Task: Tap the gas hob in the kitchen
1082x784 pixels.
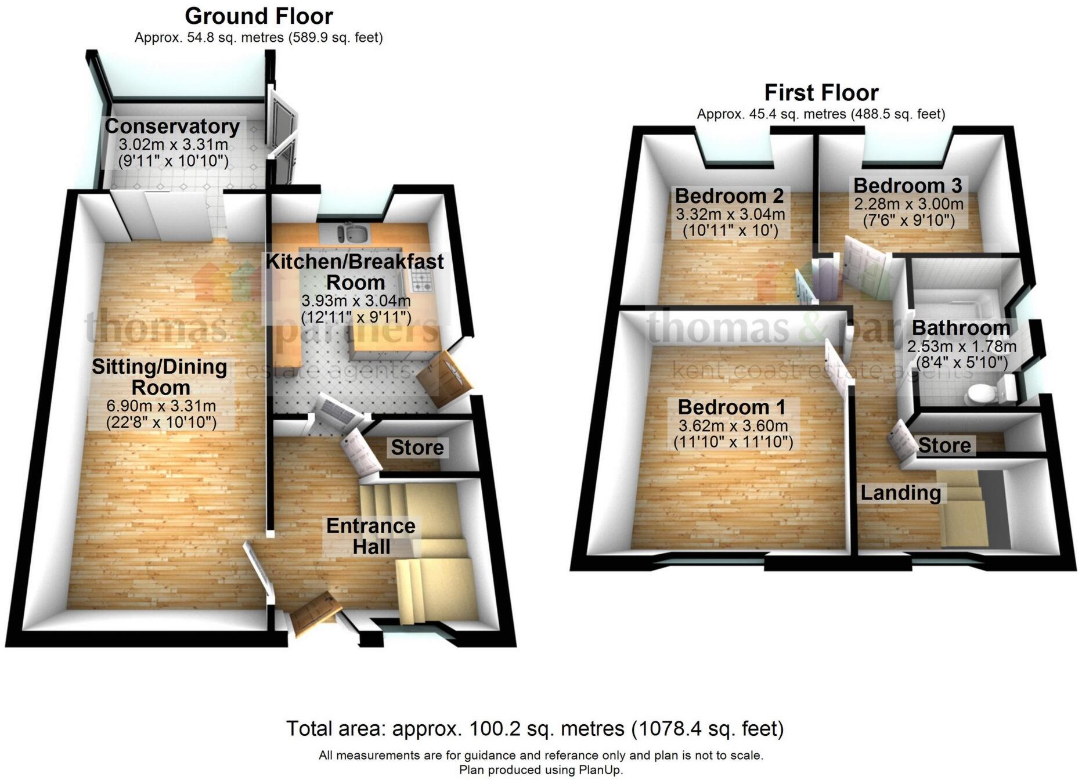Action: tap(421, 284)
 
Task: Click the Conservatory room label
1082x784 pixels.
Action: tap(172, 126)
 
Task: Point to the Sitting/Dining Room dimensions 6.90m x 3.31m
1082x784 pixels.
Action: tap(161, 406)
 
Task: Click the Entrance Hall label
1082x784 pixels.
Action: tap(371, 536)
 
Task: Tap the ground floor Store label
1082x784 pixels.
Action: tap(417, 447)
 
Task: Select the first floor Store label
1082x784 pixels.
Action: tap(944, 445)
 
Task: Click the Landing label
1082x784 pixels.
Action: tap(900, 493)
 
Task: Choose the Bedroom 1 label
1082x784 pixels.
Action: tap(731, 407)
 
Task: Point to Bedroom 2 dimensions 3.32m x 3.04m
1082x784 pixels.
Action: tap(730, 214)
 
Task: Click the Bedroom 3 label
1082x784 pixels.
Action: tap(908, 186)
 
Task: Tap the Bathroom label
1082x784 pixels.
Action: tap(961, 328)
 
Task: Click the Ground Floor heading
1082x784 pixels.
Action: tap(259, 16)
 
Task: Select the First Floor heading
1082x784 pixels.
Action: tap(821, 92)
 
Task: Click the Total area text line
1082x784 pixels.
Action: tap(535, 728)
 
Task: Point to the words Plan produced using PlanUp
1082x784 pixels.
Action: tap(541, 770)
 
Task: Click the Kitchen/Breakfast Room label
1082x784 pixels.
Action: tap(355, 272)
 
